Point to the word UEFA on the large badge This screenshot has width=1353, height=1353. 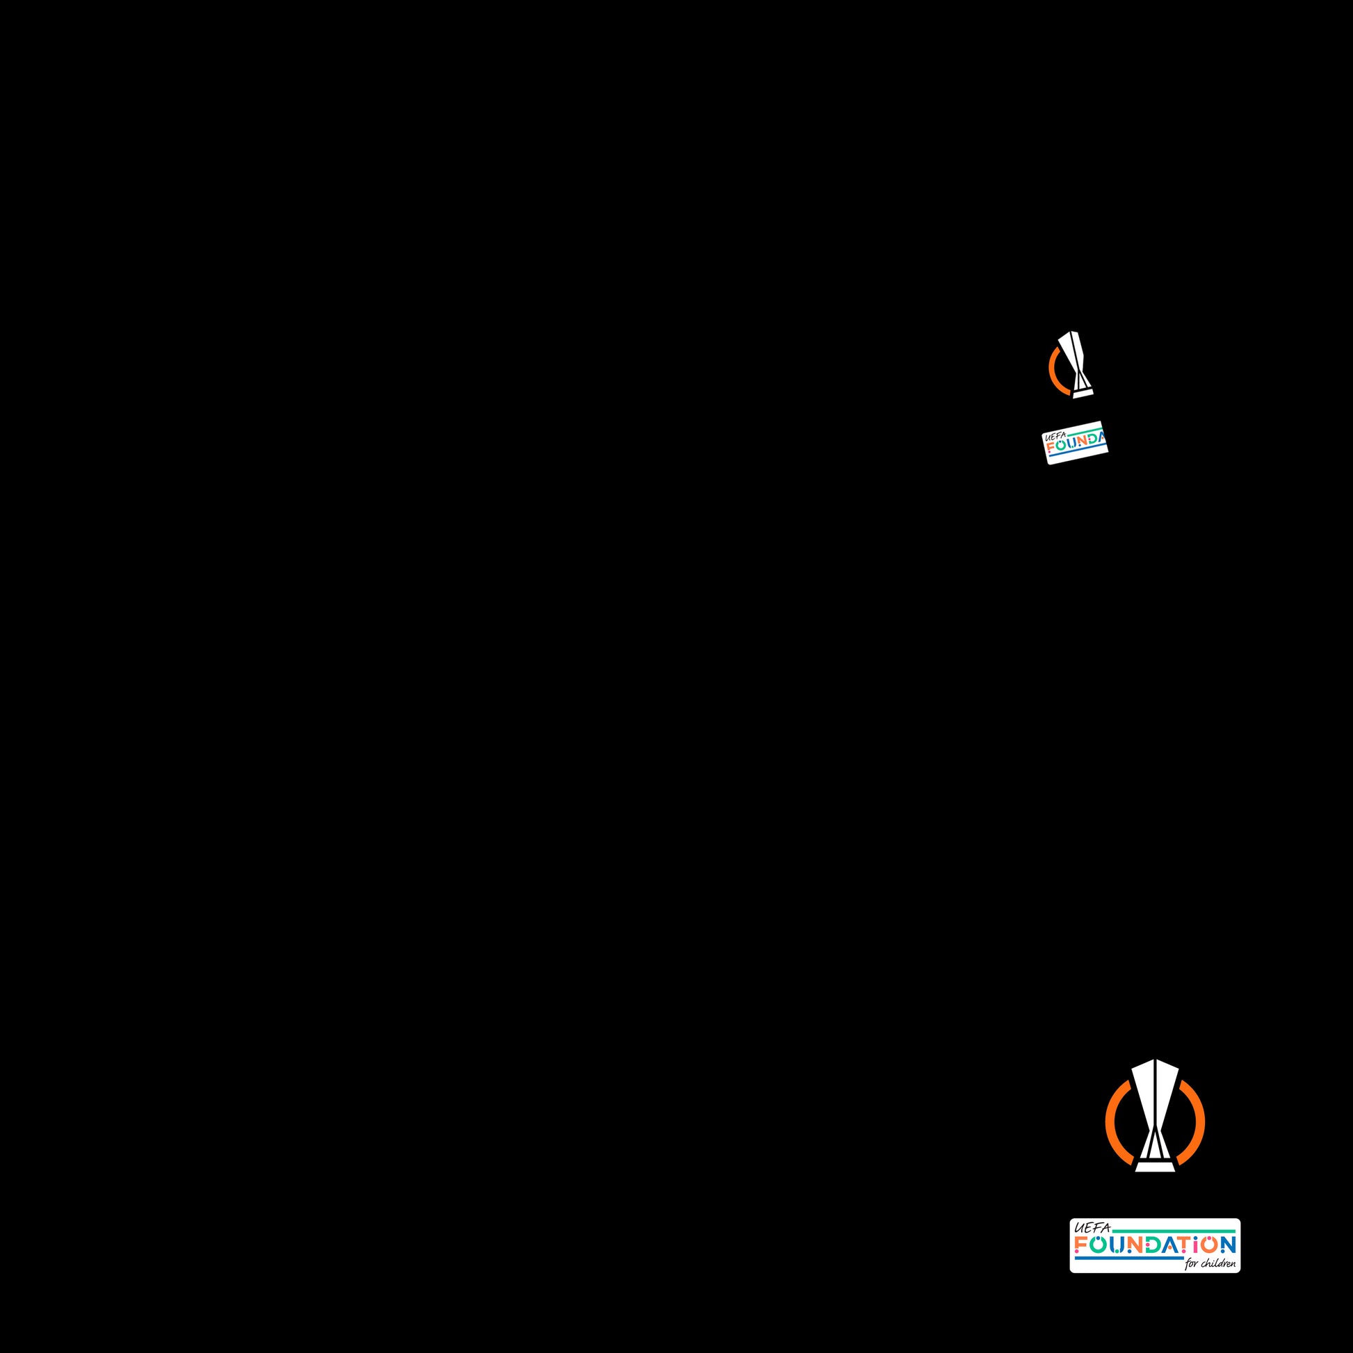click(x=1092, y=1228)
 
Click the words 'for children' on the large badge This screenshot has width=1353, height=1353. click(x=1210, y=1264)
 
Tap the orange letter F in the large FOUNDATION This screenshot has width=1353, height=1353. click(x=1082, y=1245)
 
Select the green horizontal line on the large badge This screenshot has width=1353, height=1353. click(x=1176, y=1231)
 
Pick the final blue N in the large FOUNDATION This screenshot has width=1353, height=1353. click(x=1228, y=1245)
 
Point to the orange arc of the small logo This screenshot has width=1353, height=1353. click(x=1053, y=371)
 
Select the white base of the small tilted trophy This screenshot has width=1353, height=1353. click(x=1083, y=394)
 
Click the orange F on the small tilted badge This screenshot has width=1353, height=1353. click(x=1051, y=448)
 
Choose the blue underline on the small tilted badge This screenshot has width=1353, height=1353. click(x=1075, y=453)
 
